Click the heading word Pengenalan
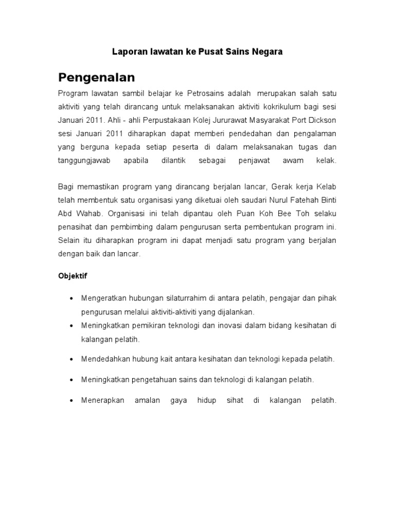[x=96, y=78]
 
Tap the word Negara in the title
[x=266, y=52]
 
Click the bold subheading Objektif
[x=73, y=276]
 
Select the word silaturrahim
[x=188, y=298]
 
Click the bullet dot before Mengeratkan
[x=70, y=298]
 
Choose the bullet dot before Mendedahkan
[x=70, y=360]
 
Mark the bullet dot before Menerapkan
[x=70, y=401]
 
